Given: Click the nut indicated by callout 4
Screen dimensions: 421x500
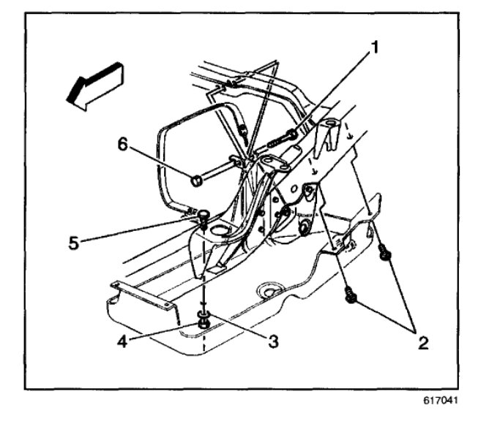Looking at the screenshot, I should (204, 320).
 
